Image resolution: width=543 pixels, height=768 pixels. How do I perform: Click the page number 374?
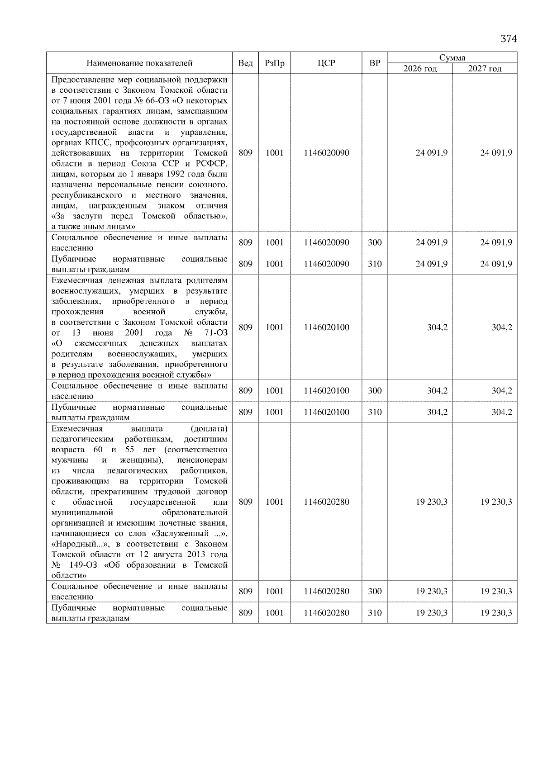(508, 39)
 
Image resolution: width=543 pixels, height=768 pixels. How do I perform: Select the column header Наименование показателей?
(139, 63)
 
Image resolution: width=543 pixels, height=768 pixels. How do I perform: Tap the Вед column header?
(245, 63)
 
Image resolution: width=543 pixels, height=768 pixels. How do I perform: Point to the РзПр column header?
(274, 63)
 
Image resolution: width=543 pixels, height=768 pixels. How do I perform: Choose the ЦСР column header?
(326, 63)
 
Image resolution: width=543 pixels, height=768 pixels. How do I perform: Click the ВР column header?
(375, 63)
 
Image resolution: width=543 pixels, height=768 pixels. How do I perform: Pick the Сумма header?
(452, 58)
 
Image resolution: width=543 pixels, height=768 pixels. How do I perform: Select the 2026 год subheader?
(420, 69)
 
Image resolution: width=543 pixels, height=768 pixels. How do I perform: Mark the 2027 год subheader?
(485, 69)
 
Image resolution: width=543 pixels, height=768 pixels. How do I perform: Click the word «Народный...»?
(74, 544)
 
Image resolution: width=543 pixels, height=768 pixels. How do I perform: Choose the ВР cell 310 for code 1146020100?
(375, 412)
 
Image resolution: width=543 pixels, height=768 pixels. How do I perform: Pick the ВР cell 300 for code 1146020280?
(375, 591)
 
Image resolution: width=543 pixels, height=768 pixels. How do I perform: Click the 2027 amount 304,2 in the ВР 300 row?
(502, 391)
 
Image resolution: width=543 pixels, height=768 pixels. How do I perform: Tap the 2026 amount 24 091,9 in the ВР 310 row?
(431, 264)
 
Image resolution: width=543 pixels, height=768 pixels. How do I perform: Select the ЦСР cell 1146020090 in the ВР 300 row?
(326, 242)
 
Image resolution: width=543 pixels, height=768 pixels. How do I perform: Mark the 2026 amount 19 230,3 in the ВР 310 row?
(431, 613)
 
